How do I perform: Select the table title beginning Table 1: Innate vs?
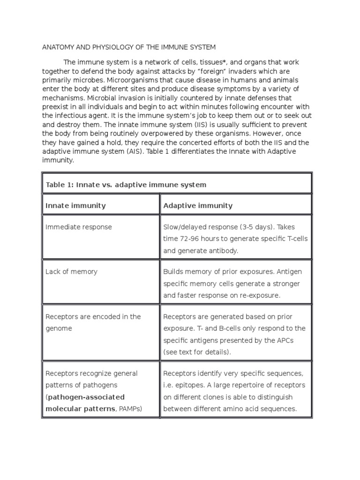pyautogui.click(x=126, y=185)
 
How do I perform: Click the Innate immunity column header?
pyautogui.click(x=75, y=205)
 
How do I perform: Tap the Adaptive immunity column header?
pyautogui.click(x=197, y=205)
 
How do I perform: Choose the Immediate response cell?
pyautogui.click(x=79, y=227)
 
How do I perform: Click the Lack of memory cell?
pyautogui.click(x=71, y=271)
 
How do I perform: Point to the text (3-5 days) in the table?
pyautogui.click(x=255, y=227)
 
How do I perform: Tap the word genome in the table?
pyautogui.click(x=59, y=329)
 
